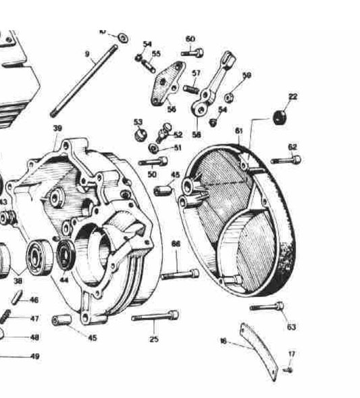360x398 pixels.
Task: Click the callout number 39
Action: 57,128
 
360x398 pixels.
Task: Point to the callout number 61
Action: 238,130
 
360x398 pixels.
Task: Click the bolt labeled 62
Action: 286,161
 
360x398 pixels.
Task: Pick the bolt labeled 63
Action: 266,307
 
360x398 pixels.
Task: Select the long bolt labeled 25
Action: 156,316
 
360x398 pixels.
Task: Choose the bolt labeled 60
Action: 192,52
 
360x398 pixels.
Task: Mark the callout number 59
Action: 247,75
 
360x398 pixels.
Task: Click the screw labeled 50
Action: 153,161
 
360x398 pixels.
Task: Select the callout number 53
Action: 138,121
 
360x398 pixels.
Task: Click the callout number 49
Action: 34,356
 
